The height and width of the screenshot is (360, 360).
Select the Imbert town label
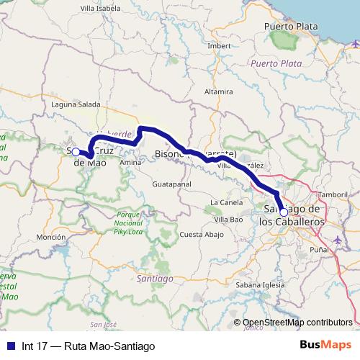(218, 45)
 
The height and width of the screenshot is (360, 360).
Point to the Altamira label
(219, 92)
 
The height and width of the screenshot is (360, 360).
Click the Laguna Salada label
(76, 104)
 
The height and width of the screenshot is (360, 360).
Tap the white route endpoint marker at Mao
(76, 152)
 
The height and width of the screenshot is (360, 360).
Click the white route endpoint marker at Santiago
(283, 212)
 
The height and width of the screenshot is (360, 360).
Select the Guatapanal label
(171, 185)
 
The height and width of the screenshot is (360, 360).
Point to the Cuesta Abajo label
(201, 235)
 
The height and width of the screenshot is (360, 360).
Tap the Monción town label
(50, 237)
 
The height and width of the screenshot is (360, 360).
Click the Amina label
(130, 163)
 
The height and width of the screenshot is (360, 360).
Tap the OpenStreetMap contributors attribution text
(297, 323)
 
